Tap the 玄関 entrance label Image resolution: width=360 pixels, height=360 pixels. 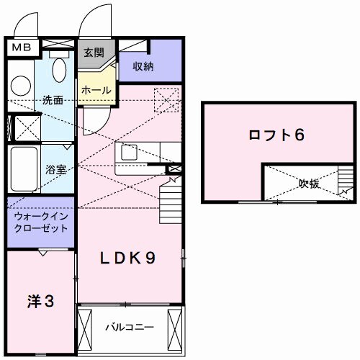point(94,53)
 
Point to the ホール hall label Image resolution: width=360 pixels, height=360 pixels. point(96,90)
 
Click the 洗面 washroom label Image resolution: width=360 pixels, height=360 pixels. point(52,100)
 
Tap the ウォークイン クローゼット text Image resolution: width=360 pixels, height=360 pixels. point(41,222)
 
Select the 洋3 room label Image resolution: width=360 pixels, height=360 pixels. point(41,302)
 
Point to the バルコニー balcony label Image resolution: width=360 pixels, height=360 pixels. point(130,327)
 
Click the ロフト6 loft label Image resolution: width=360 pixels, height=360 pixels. point(274,135)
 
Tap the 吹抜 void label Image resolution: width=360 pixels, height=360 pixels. point(309,184)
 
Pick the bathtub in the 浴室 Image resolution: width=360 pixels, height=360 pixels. point(23,168)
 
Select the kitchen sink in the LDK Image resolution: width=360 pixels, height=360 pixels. point(130,153)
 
